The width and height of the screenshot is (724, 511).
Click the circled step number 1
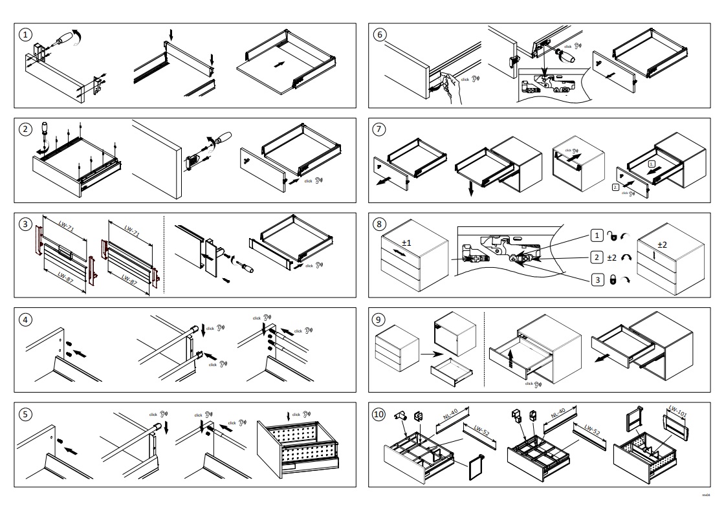pos(25,35)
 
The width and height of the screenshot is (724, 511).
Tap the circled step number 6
pos(378,35)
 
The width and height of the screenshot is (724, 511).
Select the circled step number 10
pos(379,413)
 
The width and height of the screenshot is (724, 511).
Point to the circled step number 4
pos(25,319)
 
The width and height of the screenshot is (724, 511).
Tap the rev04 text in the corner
pos(707,494)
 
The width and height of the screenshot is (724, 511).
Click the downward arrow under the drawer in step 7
pos(472,187)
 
